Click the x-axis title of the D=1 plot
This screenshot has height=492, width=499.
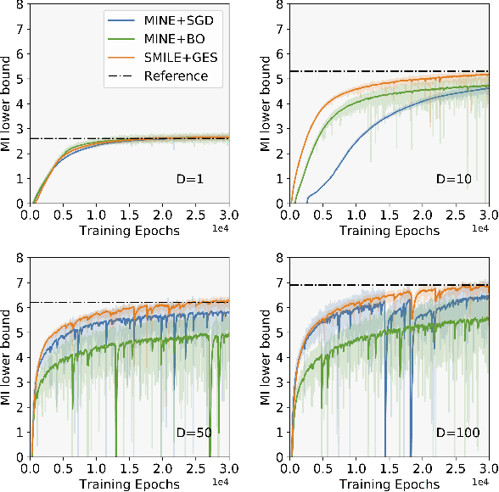pos(129,231)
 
